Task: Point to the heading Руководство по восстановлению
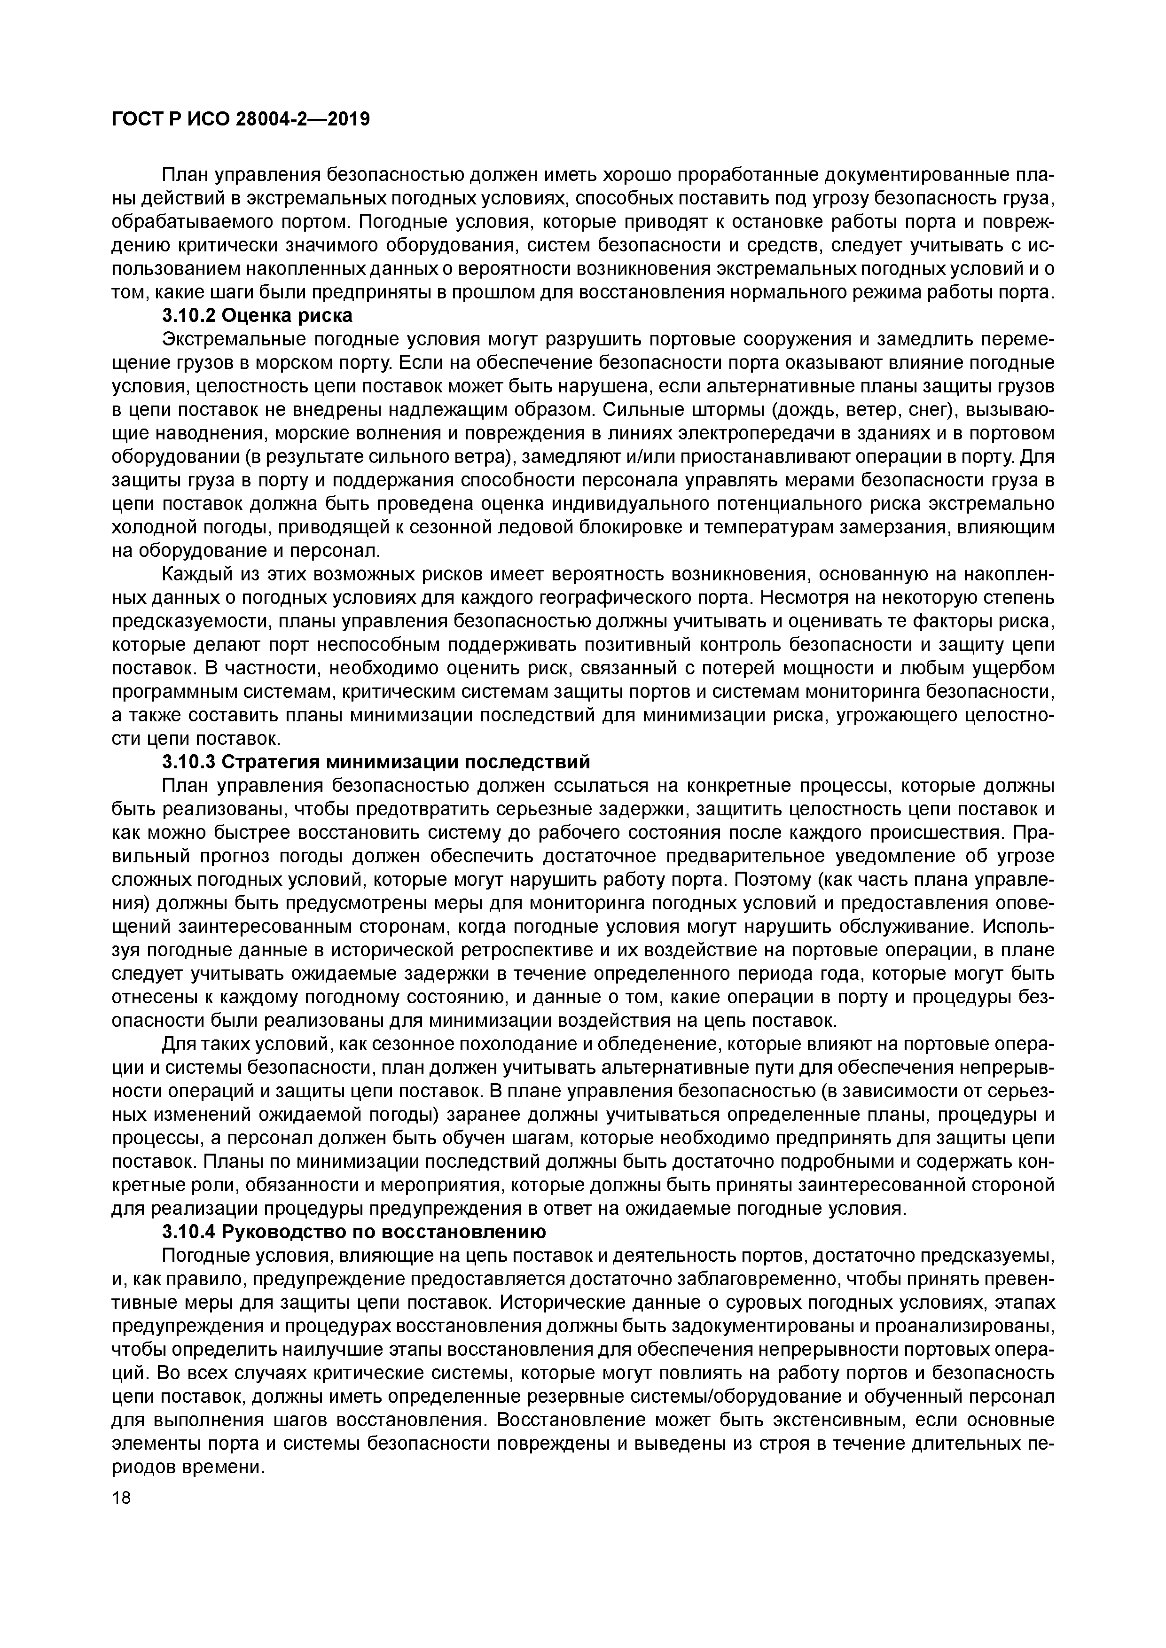[x=383, y=1232]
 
